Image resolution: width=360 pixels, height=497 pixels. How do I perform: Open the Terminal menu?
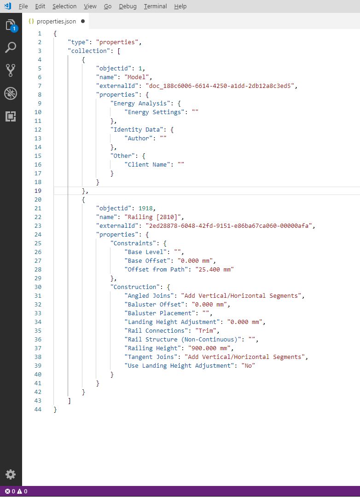pos(155,6)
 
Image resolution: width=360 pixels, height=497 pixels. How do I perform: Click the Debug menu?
pos(128,6)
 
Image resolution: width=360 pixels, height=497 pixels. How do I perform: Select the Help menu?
pos(180,6)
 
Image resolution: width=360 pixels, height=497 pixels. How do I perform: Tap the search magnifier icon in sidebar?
pos(11,47)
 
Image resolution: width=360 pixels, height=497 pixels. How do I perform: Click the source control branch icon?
pos(11,70)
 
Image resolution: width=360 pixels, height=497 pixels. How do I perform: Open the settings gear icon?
pos(11,474)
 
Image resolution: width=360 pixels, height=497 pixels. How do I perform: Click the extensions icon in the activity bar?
pos(11,116)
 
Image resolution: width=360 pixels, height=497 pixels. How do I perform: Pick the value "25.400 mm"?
pos(215,270)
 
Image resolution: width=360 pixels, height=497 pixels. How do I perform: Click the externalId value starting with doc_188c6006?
pos(221,86)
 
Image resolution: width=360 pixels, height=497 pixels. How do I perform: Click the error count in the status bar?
pos(10,491)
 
